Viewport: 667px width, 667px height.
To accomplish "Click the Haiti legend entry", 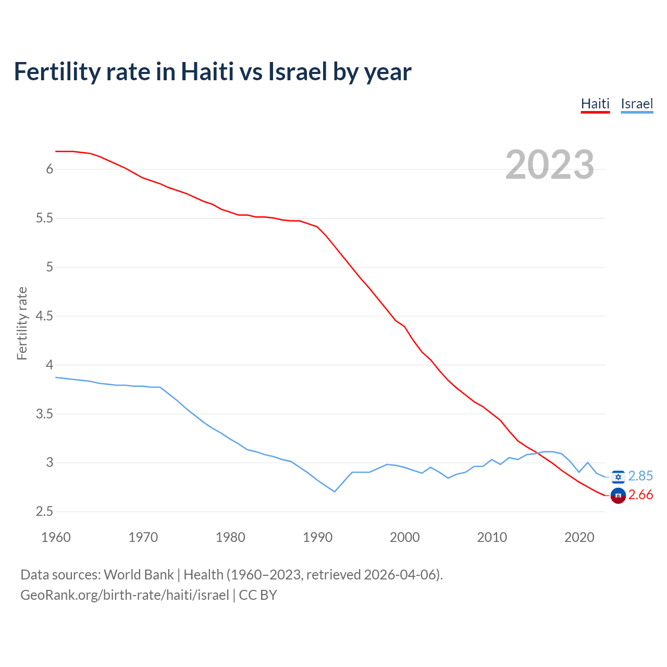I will coord(595,104).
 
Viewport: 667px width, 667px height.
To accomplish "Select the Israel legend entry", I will coord(637,104).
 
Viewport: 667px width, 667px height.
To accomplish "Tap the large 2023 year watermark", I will coord(550,165).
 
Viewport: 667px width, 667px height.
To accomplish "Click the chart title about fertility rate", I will coord(213,71).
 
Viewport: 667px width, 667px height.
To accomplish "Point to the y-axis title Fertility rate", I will coord(22,323).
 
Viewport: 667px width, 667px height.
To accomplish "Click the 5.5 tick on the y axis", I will coord(44,218).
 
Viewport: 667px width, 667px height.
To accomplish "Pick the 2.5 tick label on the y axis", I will coord(44,512).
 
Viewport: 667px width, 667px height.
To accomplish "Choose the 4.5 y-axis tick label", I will coord(44,316).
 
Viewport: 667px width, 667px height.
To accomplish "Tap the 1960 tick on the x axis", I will coord(56,537).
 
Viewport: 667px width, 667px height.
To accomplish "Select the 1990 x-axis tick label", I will coord(317,537).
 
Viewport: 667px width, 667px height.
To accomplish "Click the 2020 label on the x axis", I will coord(579,537).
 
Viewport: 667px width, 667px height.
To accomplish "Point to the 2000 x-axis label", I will coord(404,537).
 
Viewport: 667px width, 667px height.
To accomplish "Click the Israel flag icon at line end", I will coord(618,476).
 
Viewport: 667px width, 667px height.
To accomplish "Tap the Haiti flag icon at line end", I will coord(618,496).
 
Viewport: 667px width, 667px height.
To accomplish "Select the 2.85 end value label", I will coord(640,476).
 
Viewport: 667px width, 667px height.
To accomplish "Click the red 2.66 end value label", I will coord(640,495).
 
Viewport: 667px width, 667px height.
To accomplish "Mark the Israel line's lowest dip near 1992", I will coord(335,491).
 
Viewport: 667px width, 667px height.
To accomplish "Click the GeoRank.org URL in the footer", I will coord(125,595).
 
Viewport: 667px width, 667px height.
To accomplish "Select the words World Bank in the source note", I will coord(139,575).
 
